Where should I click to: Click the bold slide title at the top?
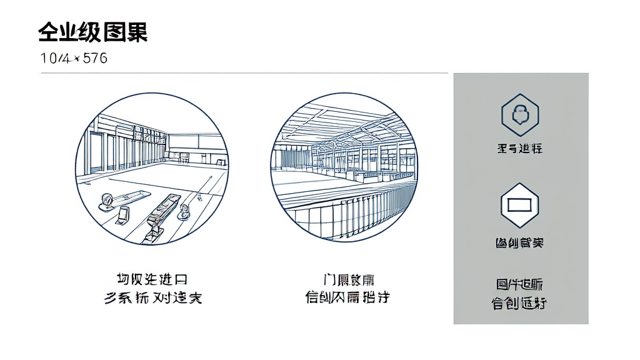92,31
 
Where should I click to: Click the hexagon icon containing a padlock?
520,114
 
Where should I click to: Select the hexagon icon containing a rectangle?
520,204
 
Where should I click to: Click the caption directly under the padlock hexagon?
520,149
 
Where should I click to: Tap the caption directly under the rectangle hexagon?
520,242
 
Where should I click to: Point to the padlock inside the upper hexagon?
520,114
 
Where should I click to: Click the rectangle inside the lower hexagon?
520,204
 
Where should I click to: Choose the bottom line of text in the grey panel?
520,304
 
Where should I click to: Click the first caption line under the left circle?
152,279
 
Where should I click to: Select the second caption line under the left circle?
153,297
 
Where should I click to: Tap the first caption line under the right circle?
349,279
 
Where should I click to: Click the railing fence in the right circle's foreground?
350,212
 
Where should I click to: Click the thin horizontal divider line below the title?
244,73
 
